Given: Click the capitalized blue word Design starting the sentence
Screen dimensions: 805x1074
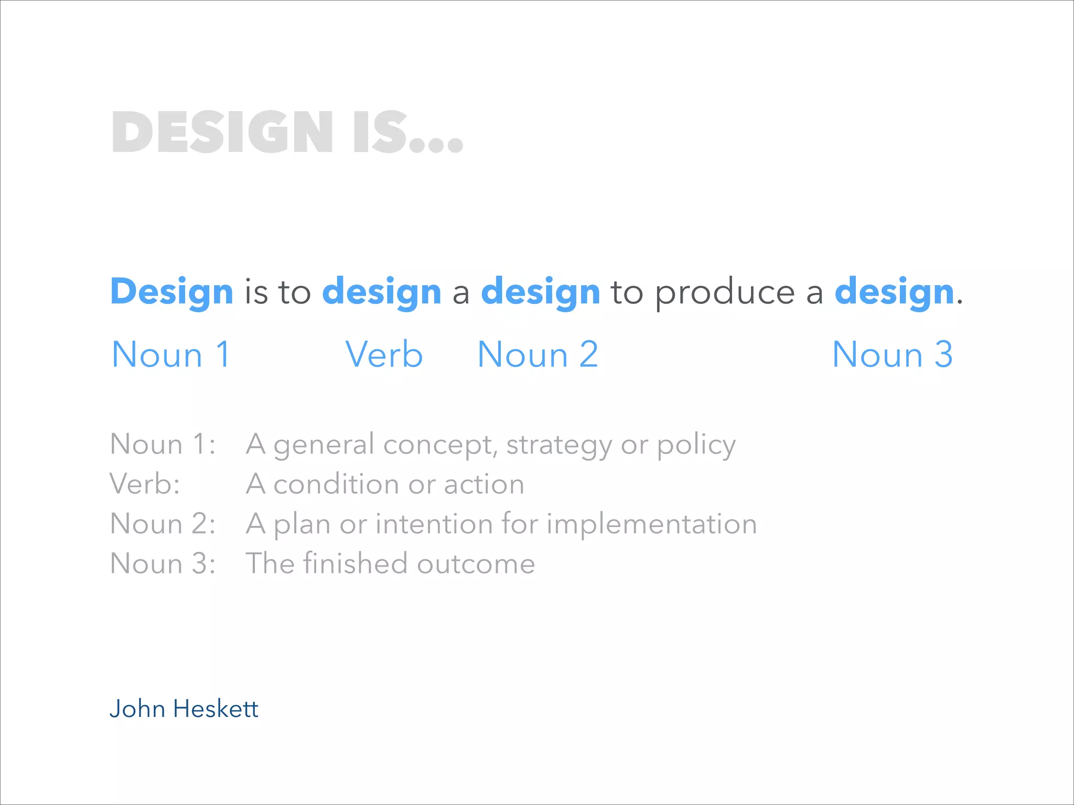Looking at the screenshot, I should pos(171,291).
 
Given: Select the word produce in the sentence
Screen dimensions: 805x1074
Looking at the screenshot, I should pos(725,292).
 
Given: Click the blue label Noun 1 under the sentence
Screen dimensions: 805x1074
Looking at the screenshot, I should pos(171,355).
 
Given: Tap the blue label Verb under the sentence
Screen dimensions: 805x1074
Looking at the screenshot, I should pos(384,355).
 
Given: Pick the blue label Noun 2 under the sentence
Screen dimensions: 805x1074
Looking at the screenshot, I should pos(538,355).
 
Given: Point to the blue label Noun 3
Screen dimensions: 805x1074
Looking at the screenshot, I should pos(892,355).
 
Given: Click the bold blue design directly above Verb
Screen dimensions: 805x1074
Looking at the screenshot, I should pos(382,291).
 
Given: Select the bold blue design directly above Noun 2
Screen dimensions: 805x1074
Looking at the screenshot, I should pos(541,291).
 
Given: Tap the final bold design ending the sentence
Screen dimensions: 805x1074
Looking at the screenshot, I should pos(894,291).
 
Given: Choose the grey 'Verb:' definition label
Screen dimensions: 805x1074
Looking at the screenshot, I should pos(145,484).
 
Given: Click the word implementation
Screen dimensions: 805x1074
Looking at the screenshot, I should pos(652,524).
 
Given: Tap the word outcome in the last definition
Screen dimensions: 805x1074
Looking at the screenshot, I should pos(476,564).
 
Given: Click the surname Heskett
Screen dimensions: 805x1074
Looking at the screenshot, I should pos(216,709).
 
